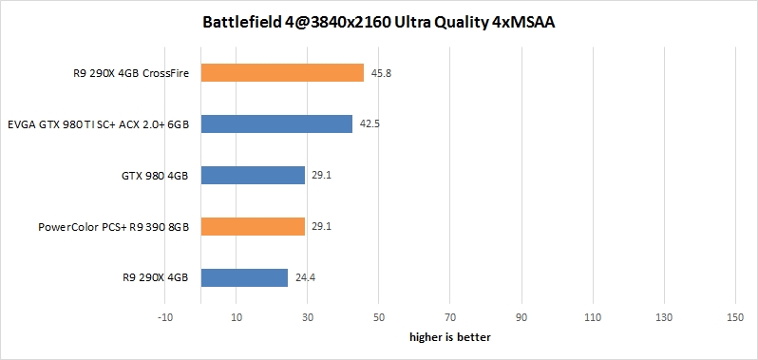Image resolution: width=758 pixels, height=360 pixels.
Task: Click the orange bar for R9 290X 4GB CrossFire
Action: (282, 73)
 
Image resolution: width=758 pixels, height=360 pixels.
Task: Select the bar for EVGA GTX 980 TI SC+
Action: (276, 124)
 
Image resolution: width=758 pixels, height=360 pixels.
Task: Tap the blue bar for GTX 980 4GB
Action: (253, 176)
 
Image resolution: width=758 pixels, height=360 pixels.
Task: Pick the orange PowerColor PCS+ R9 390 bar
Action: (253, 226)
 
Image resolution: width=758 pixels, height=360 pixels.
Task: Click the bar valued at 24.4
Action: (244, 277)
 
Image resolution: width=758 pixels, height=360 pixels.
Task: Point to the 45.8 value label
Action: (380, 73)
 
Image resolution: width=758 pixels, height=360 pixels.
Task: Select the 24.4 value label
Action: (304, 277)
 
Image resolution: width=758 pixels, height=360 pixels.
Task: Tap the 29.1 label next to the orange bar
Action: (321, 226)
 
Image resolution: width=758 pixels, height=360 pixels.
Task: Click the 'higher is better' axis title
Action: (449, 336)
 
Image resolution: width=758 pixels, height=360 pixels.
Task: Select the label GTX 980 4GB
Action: (154, 176)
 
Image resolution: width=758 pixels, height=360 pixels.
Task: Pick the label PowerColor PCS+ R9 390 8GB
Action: (113, 227)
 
